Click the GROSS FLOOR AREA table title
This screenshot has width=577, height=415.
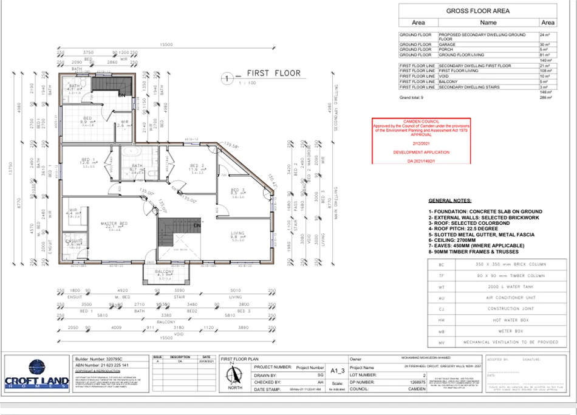(x=477, y=11)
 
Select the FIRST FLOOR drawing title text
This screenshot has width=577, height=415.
(x=273, y=74)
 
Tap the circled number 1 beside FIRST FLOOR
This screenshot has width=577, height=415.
(x=226, y=78)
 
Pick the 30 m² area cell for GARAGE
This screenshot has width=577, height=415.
(x=547, y=44)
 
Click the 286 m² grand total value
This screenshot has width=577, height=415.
(x=547, y=97)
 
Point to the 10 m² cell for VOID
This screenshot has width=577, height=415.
(x=547, y=76)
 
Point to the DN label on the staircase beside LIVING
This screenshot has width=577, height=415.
(x=197, y=225)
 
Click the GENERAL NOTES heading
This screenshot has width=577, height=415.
(x=449, y=200)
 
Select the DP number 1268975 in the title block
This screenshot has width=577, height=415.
(x=429, y=383)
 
